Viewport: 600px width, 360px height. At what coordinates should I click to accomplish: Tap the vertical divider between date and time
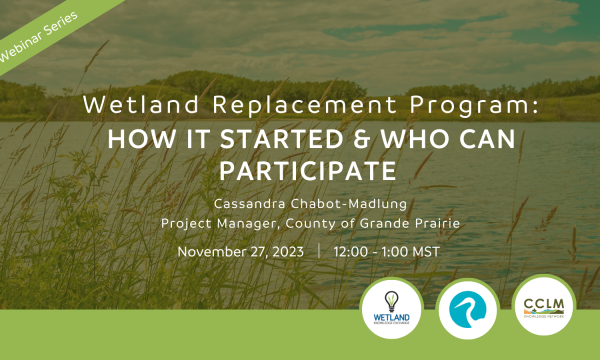point(319,251)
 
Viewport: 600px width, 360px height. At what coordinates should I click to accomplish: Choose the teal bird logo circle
point(466,306)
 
